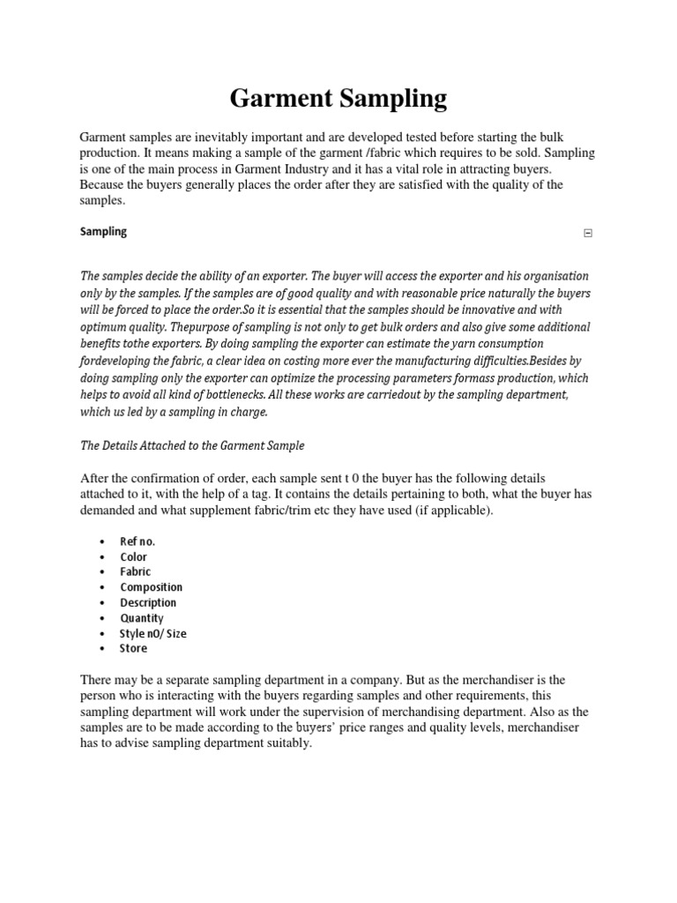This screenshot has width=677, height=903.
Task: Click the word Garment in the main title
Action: [x=278, y=99]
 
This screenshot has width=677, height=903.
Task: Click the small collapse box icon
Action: [x=589, y=234]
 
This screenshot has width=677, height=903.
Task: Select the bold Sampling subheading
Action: [x=103, y=231]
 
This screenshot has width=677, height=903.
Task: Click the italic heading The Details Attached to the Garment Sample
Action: [x=192, y=445]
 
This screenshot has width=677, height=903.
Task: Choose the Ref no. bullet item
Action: [x=138, y=541]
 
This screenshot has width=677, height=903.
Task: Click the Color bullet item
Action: [x=134, y=557]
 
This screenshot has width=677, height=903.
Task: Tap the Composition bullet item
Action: [x=152, y=587]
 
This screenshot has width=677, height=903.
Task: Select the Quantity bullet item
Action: [x=142, y=618]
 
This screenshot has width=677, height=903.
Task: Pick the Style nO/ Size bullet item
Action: [x=153, y=633]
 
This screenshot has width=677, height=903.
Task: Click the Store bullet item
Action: [x=134, y=648]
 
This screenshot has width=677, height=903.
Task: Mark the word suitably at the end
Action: [x=282, y=743]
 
